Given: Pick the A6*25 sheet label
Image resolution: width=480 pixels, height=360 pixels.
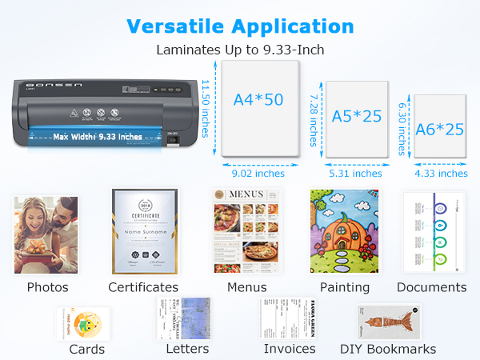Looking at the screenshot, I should (x=439, y=128).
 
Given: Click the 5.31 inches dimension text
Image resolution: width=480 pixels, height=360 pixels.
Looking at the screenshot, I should (x=355, y=173).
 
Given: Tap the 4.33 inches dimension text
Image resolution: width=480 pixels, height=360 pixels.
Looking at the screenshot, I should (x=441, y=173).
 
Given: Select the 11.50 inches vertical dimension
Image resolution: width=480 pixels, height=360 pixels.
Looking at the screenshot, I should (x=206, y=107).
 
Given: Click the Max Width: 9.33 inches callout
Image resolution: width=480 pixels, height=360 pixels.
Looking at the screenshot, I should (x=98, y=137).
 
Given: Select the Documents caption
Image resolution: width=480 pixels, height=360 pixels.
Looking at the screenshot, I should (x=431, y=286).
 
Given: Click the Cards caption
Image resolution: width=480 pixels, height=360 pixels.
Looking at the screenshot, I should (x=87, y=349).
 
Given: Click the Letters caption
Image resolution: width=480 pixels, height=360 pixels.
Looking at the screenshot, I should (x=187, y=349).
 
